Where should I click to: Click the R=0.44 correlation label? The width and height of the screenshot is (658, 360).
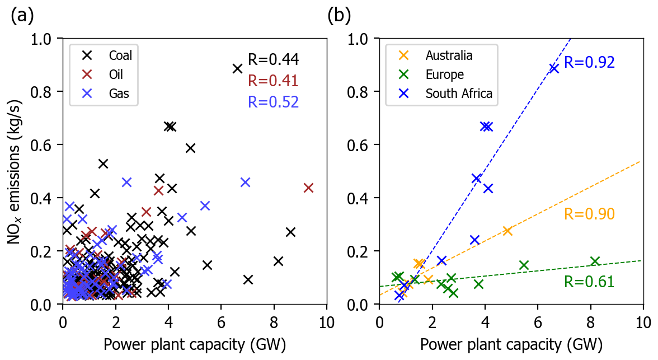click(273, 60)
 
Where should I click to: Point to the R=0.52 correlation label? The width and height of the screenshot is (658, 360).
click(273, 101)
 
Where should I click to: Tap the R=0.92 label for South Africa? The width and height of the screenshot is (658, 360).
click(589, 62)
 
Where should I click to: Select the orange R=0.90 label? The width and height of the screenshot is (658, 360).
click(589, 214)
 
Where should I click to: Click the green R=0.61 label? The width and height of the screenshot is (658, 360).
click(589, 282)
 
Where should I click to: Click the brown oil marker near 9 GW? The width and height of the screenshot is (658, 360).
click(308, 188)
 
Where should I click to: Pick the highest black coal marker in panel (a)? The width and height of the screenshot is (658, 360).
click(237, 68)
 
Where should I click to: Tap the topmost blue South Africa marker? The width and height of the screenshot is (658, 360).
click(554, 68)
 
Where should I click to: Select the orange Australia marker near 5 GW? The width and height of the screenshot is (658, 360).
click(507, 231)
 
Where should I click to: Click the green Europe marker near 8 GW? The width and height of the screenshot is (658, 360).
click(595, 261)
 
